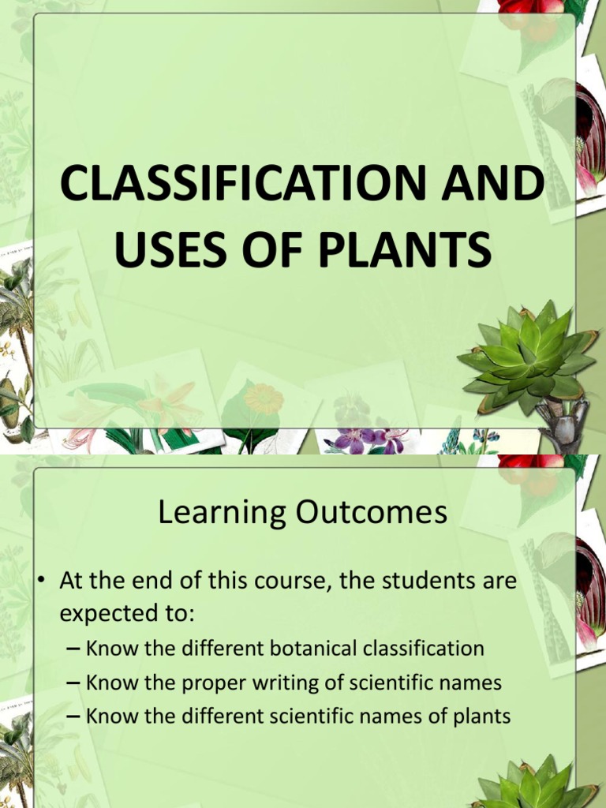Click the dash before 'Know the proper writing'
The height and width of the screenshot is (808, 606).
pos(73,683)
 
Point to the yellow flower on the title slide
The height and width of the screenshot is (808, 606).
pos(264,398)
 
